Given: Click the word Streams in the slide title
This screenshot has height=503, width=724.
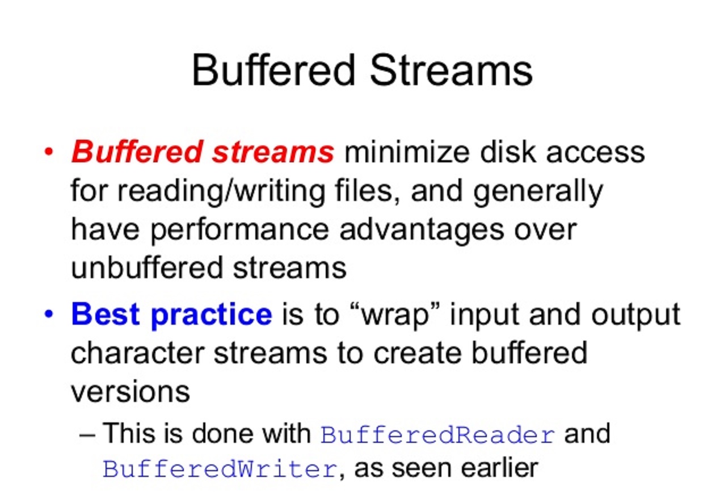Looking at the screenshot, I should click(452, 70).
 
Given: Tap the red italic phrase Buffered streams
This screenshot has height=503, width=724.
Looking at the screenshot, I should click(203, 152).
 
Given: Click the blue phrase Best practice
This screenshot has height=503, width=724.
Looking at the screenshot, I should click(171, 314).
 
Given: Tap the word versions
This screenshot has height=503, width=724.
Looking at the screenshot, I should click(130, 391).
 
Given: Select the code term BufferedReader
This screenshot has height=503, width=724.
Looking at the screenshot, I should click(437, 435).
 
